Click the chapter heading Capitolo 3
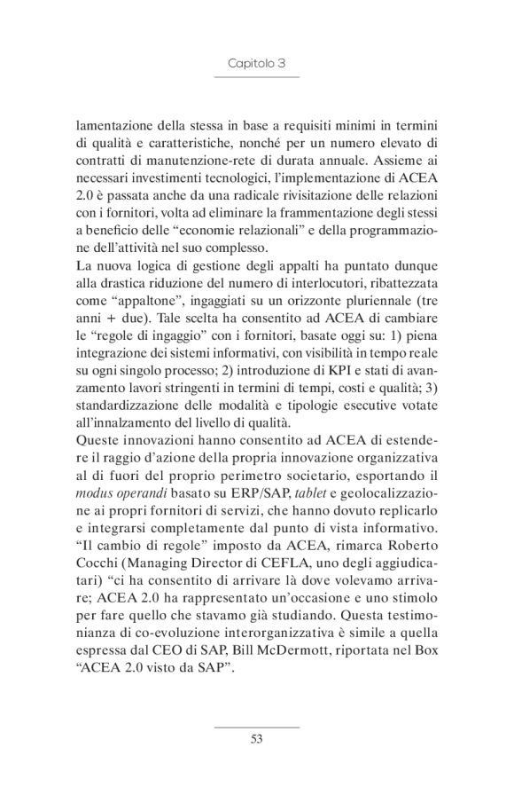tap(257, 64)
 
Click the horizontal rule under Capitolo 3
tap(257, 78)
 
